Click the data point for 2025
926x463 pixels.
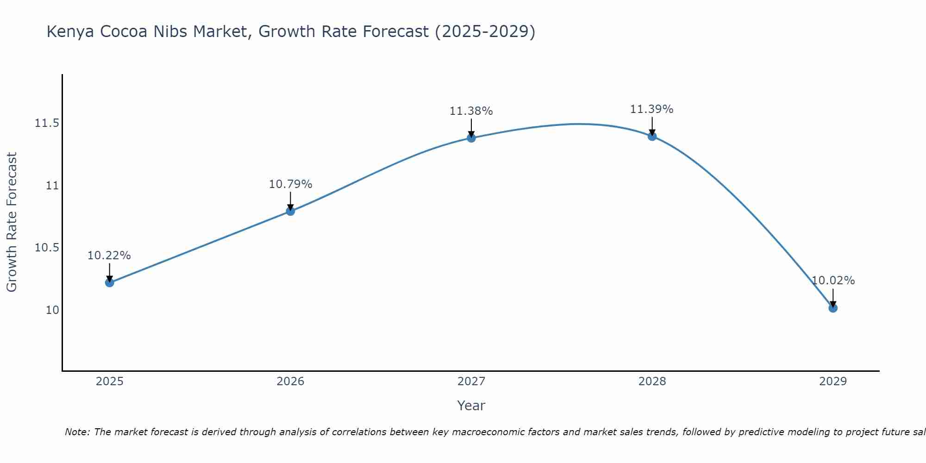(109, 282)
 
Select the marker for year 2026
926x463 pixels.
(290, 211)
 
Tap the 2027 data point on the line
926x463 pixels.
(471, 138)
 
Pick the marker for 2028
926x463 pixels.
(652, 136)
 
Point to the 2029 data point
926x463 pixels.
(833, 308)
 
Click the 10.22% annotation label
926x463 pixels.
(109, 256)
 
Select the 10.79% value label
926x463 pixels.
(290, 184)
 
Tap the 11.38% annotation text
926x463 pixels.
(471, 111)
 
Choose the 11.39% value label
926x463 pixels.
(652, 109)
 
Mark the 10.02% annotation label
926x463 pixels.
(833, 281)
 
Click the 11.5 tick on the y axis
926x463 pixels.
(47, 123)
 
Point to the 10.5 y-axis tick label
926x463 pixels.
(47, 248)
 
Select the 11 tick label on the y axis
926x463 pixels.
(52, 186)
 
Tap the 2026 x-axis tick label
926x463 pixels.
(290, 382)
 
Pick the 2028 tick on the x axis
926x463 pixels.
(652, 382)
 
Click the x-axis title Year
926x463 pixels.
(471, 406)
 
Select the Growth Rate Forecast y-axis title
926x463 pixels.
(12, 222)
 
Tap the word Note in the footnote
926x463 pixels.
(77, 432)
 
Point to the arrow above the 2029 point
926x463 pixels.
(833, 297)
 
